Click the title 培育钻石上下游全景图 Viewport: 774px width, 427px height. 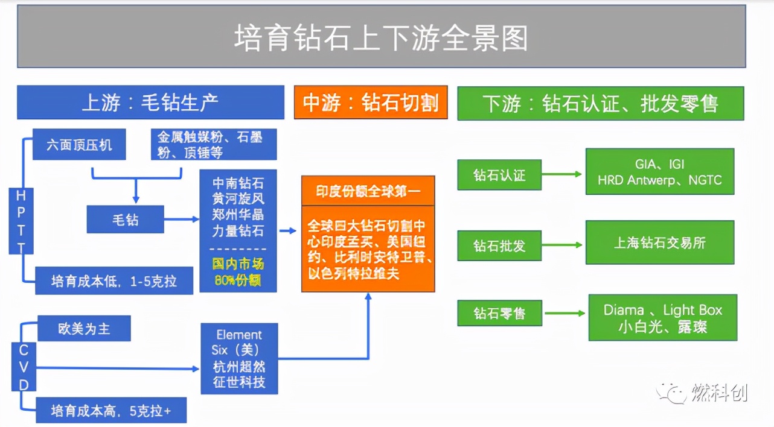381,38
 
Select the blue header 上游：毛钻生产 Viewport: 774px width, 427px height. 150,103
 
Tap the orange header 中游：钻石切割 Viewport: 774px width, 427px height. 371,103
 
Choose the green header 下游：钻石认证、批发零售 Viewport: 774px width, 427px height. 600,103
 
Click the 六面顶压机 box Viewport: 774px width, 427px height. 79,145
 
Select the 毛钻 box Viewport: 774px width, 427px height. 125,220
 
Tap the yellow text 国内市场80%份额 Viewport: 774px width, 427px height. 238,272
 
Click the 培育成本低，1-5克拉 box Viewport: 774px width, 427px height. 114,280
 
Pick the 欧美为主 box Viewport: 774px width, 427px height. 84,329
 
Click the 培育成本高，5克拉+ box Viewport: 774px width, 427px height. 110,411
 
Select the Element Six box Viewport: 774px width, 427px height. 238,359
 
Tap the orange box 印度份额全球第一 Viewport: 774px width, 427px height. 368,192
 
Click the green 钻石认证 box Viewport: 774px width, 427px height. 499,175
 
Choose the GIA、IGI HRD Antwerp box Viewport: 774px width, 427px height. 659,172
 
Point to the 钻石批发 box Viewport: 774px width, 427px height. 499,245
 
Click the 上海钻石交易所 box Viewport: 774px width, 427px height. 659,242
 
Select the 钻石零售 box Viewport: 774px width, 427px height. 499,314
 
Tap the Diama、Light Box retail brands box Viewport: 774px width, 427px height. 662,318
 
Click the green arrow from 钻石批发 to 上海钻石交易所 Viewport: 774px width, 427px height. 562,245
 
